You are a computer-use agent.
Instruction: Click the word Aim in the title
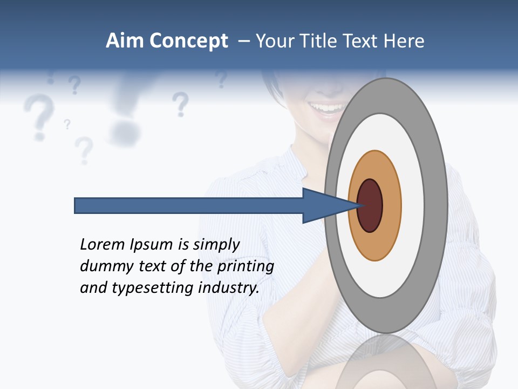tap(125, 41)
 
